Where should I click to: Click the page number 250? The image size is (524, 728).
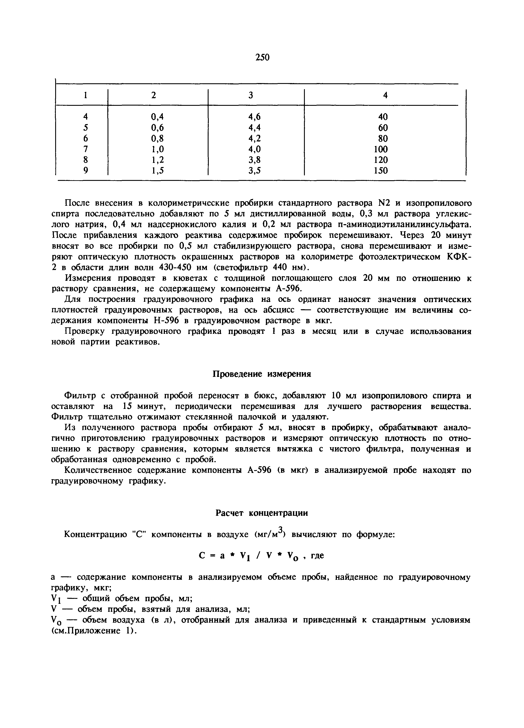(x=262, y=58)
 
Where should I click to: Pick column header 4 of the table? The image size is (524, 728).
(x=385, y=95)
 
